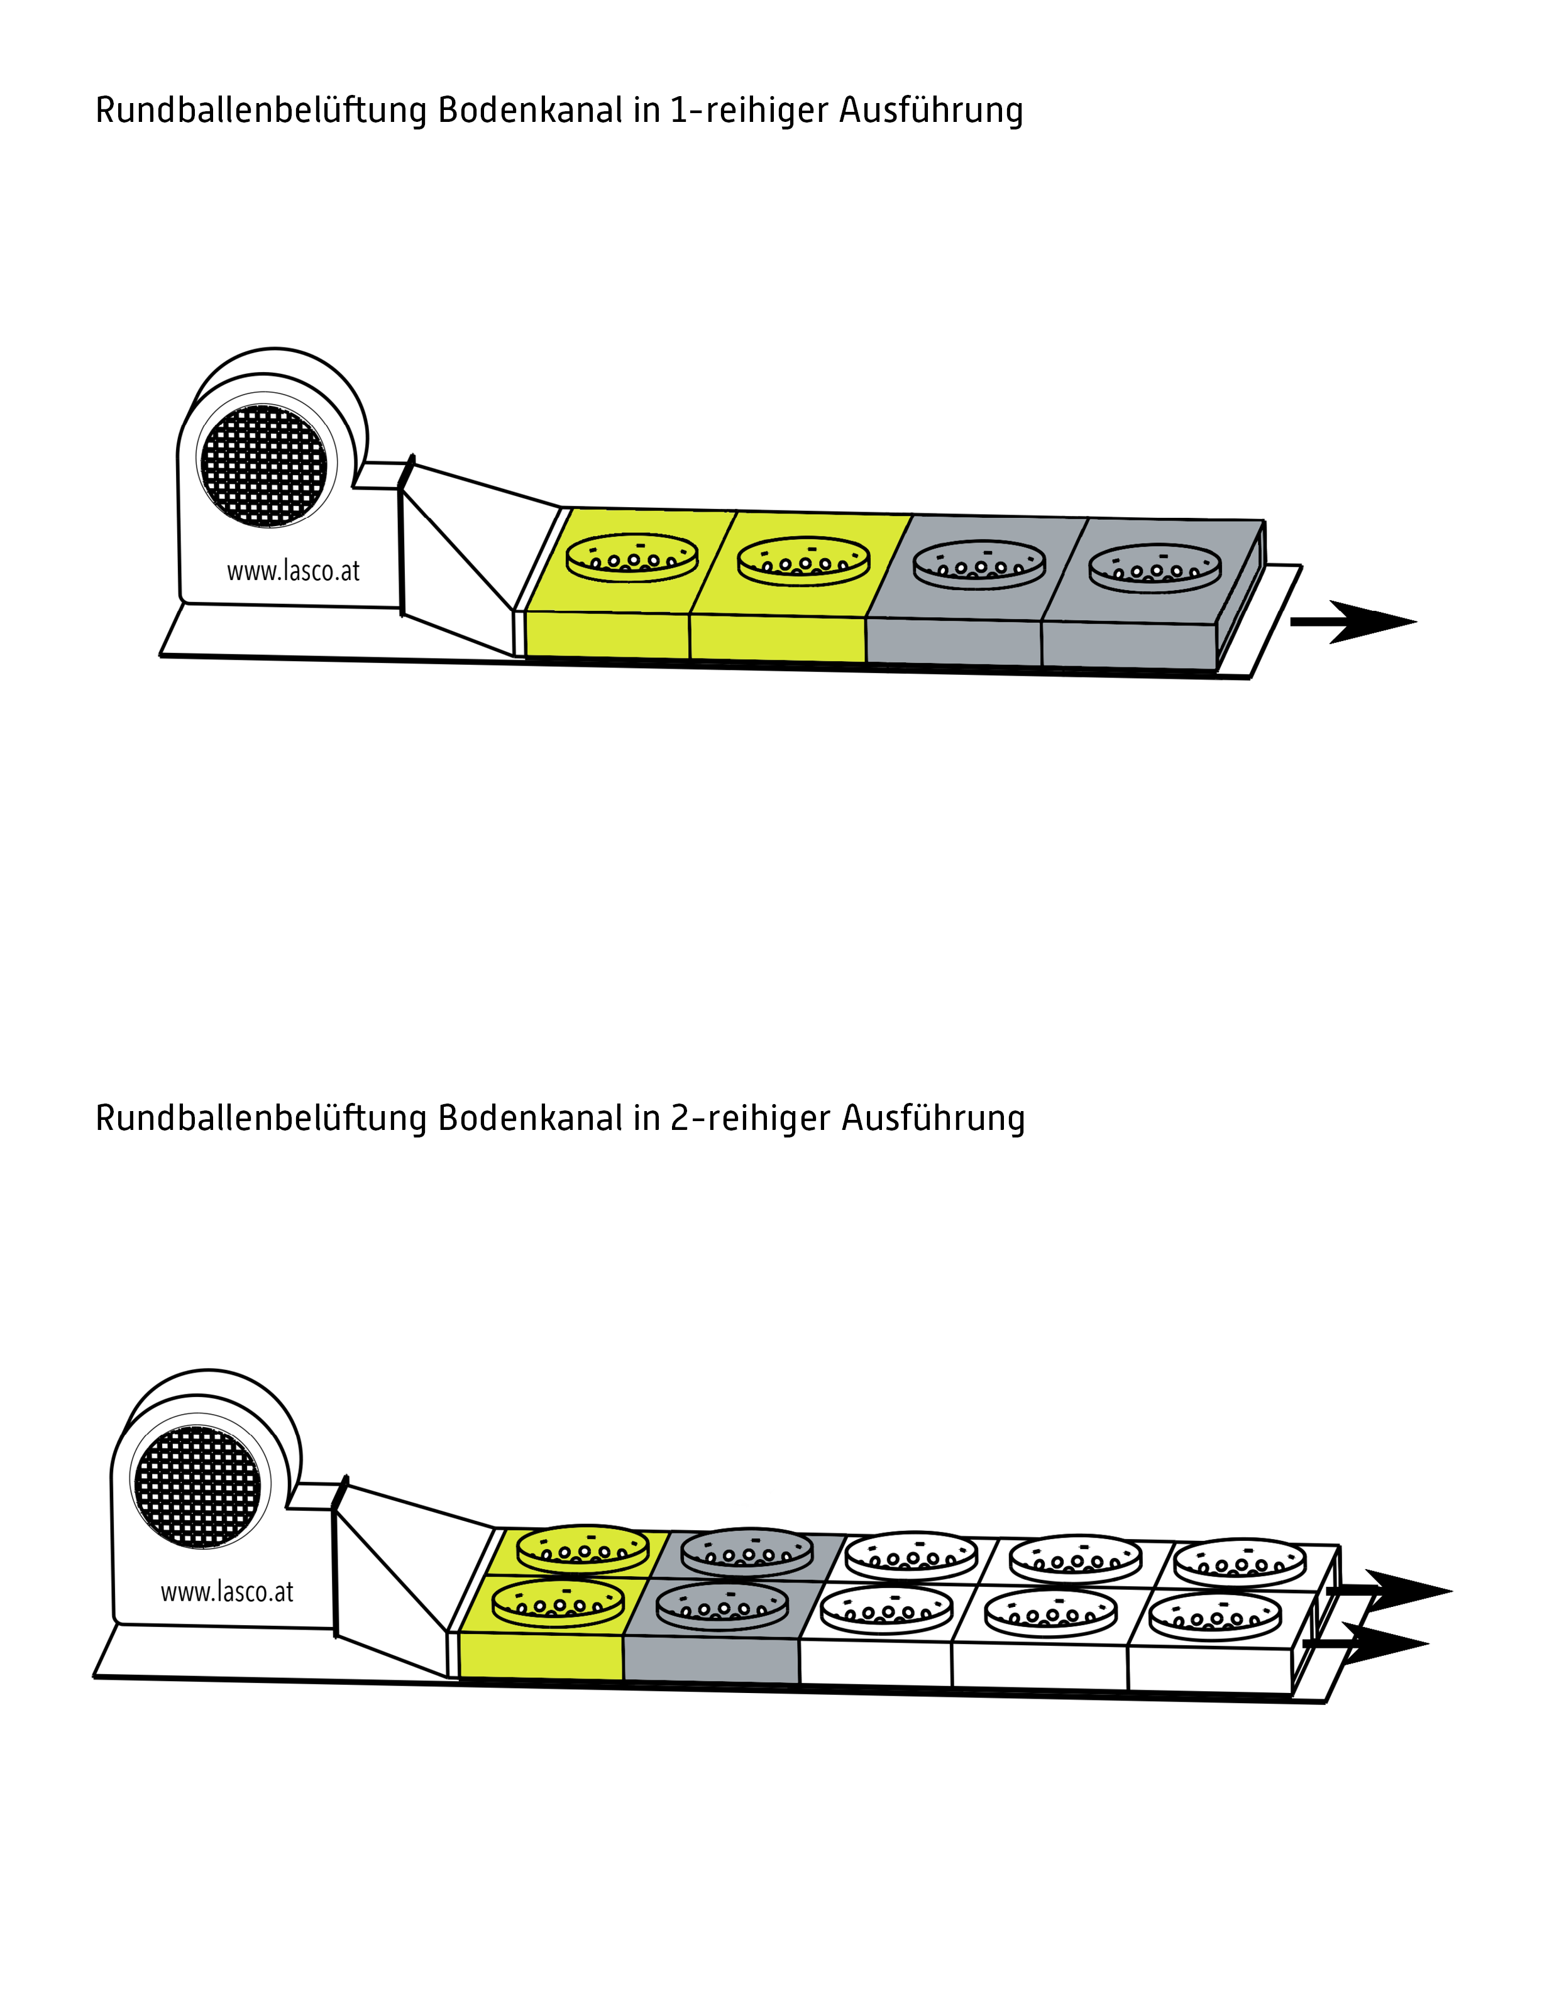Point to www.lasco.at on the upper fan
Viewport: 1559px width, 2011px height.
tap(293, 572)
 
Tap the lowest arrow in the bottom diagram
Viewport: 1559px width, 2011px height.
tap(1367, 1643)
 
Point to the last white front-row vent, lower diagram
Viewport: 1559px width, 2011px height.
tap(1215, 1616)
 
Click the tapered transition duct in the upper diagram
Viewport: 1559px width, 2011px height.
tap(460, 552)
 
